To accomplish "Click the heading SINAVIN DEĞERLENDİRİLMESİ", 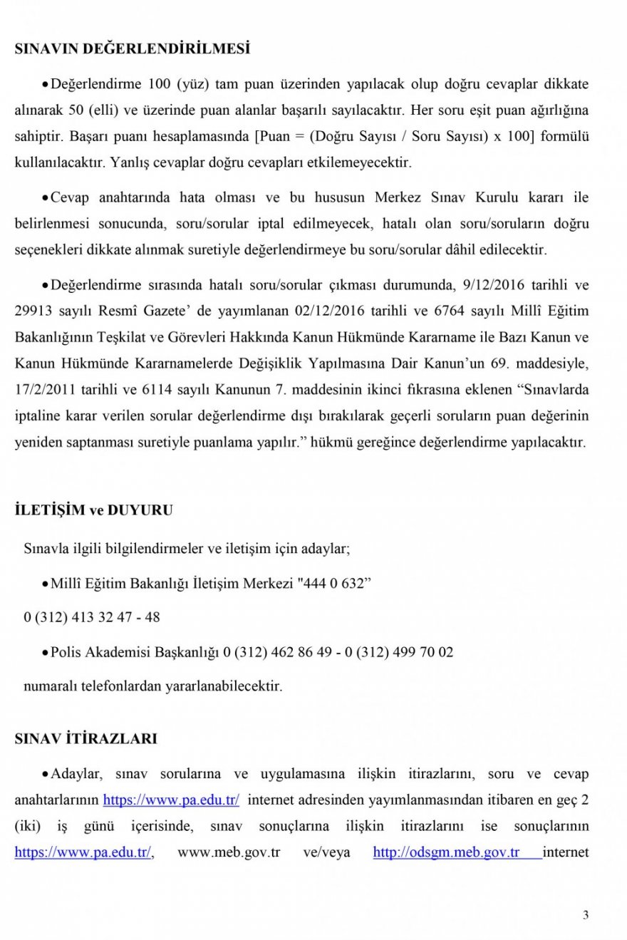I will (133, 50).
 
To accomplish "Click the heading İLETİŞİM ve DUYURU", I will (93, 510).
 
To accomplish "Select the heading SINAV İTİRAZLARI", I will (85, 739).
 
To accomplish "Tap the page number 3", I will (586, 916).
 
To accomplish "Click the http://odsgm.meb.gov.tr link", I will (446, 852).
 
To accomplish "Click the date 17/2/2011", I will (43, 391).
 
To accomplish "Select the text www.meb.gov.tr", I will (229, 852).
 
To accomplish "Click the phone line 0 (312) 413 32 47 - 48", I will (92, 617).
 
